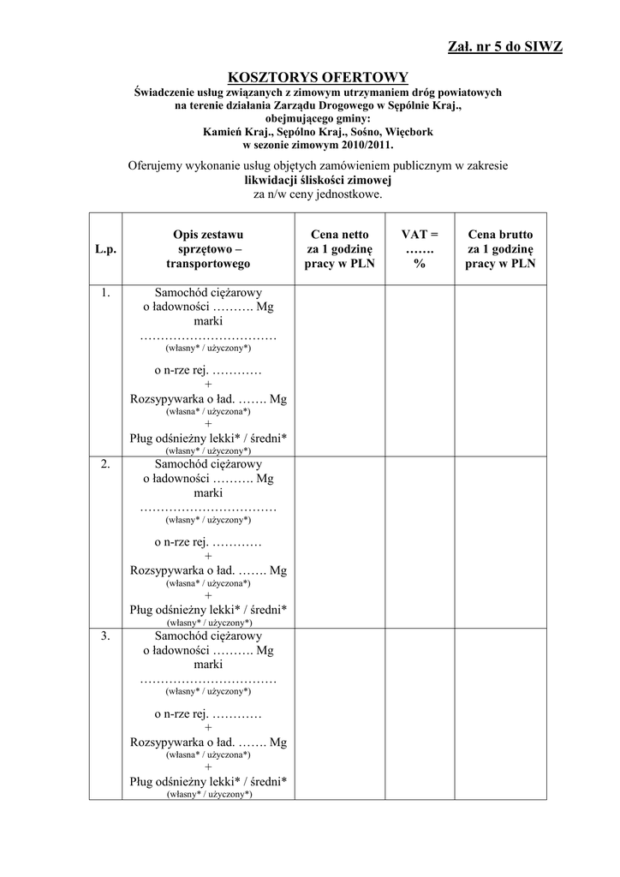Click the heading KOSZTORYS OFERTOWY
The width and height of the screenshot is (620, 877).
click(x=310, y=77)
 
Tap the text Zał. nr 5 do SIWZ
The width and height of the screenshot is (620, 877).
click(x=505, y=46)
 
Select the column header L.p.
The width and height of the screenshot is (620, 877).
click(x=105, y=249)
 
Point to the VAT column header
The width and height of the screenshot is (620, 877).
click(x=420, y=248)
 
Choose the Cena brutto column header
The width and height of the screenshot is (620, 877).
click(x=500, y=248)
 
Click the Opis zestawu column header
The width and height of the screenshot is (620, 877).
click(x=208, y=248)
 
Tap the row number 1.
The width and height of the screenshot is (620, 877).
click(x=105, y=293)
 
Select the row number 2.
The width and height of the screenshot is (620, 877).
click(x=105, y=464)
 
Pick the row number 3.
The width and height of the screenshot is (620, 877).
click(x=105, y=635)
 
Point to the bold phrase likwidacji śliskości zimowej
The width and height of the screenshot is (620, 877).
click(x=318, y=181)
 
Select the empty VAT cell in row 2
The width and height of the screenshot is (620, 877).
click(x=420, y=541)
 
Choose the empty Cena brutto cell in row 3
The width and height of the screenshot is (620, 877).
click(x=500, y=713)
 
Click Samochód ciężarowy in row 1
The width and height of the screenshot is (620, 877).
click(x=208, y=293)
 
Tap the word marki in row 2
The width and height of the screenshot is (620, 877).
click(x=208, y=493)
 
